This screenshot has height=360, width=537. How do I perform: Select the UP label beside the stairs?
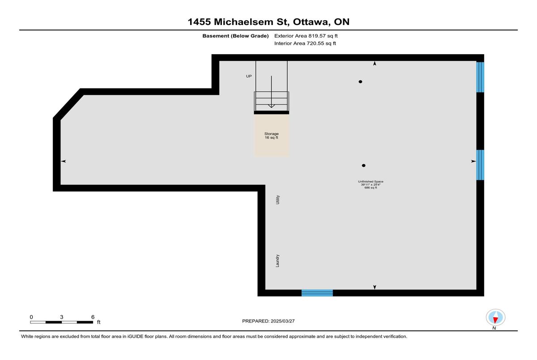[249, 76]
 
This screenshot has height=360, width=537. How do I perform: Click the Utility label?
[277, 200]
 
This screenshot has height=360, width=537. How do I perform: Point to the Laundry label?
[277, 261]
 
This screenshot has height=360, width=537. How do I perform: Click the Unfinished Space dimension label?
[371, 185]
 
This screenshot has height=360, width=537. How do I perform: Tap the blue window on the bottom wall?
[317, 293]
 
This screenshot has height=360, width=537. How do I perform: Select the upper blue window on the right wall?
[480, 77]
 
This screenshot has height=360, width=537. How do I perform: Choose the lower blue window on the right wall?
[480, 165]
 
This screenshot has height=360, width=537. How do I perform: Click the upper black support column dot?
[360, 82]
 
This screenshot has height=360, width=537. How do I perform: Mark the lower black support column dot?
[364, 165]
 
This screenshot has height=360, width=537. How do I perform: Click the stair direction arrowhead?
[271, 106]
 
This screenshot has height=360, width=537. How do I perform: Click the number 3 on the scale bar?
[62, 317]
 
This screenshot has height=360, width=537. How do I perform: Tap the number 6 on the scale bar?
[93, 317]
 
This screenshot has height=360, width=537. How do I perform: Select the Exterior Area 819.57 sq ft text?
[306, 36]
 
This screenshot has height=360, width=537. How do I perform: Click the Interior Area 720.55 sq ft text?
[305, 43]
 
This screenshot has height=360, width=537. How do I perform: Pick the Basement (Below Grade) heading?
[235, 36]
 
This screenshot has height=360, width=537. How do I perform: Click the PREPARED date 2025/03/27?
[283, 321]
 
